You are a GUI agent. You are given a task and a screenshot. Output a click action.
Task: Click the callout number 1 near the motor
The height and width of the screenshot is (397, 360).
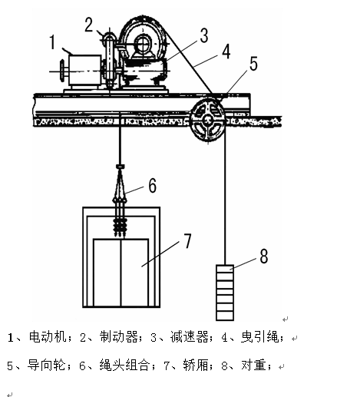click(52, 42)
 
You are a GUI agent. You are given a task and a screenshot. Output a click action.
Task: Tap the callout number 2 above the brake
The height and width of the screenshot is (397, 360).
click(89, 25)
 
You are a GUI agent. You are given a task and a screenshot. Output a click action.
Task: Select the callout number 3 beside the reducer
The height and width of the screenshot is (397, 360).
click(204, 35)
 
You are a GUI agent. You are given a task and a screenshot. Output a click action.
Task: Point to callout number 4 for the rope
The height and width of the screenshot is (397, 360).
click(226, 51)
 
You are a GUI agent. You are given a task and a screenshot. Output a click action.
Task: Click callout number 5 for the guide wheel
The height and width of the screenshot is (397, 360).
click(253, 64)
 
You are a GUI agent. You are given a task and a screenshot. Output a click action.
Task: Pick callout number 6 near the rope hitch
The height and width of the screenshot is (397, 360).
click(153, 185)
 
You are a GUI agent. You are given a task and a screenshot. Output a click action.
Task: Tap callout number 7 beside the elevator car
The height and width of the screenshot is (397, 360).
click(187, 240)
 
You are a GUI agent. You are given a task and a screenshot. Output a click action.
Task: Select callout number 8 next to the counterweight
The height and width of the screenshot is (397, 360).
click(264, 256)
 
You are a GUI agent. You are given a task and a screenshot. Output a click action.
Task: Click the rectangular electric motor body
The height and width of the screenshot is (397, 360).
click(84, 70)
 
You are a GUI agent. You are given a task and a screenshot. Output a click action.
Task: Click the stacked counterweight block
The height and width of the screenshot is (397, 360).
click(225, 293)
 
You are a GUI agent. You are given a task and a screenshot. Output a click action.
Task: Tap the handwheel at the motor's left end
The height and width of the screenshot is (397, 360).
click(62, 71)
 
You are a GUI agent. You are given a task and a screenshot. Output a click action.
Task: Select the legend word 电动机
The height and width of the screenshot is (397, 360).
click(48, 337)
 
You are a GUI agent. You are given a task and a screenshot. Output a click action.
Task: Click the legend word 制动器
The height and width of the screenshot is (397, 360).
click(119, 337)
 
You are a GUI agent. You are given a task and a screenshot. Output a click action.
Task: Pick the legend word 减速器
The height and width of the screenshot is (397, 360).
click(190, 337)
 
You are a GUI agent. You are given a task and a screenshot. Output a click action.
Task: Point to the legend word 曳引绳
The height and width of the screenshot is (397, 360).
click(260, 337)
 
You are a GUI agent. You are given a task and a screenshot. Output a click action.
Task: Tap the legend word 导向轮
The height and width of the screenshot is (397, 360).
click(47, 366)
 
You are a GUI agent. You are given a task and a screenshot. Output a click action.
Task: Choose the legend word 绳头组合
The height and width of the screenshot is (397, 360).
click(124, 366)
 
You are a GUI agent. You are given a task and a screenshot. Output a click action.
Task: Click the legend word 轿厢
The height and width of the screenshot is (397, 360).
click(196, 366)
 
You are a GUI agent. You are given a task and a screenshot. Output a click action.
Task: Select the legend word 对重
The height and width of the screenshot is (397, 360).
click(253, 366)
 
